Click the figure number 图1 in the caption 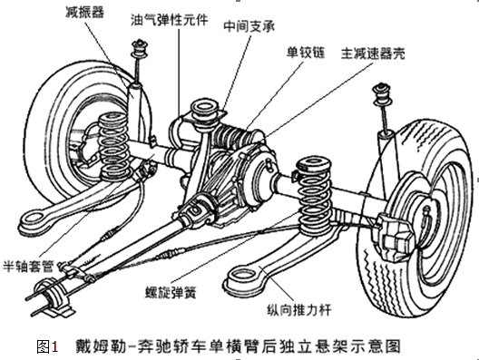pyautogui.click(x=48, y=345)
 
